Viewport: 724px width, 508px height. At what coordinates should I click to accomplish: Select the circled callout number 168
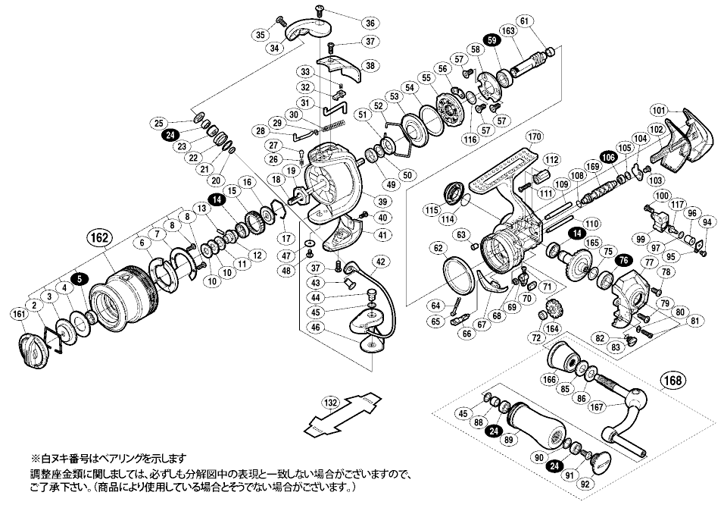(x=675, y=379)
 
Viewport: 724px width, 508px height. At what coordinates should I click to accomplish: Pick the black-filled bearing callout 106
(x=607, y=157)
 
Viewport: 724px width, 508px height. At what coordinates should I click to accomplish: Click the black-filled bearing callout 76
(x=623, y=259)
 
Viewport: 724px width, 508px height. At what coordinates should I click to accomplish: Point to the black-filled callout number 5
(x=81, y=278)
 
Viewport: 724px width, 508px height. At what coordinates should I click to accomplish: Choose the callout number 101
(x=657, y=108)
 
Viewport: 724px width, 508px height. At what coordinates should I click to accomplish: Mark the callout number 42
(x=379, y=262)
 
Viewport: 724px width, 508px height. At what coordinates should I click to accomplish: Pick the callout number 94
(x=707, y=222)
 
